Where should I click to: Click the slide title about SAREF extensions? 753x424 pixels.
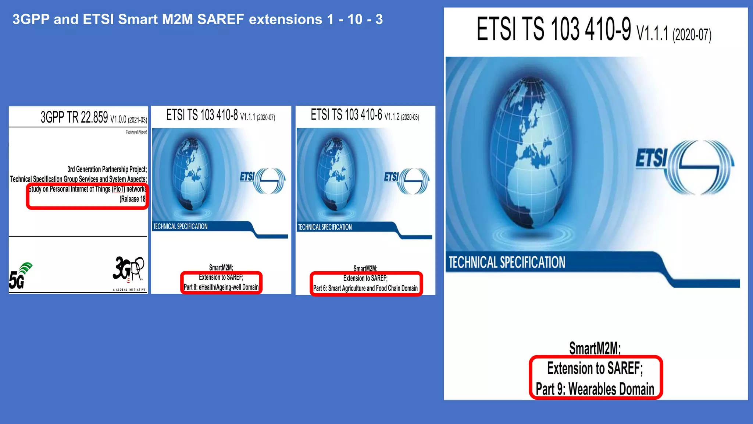point(197,19)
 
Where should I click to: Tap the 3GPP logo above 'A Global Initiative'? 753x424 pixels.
point(128,269)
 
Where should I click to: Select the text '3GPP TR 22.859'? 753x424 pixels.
point(74,117)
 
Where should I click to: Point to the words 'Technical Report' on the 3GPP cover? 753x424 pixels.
point(136,132)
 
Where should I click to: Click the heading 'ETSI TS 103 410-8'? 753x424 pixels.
point(202,115)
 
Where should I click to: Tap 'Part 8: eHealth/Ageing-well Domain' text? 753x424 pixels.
point(221,287)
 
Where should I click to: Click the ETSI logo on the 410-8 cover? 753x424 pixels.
point(262,180)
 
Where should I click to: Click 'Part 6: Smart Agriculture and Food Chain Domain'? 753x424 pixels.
point(365,288)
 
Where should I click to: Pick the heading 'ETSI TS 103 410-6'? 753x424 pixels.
point(346,115)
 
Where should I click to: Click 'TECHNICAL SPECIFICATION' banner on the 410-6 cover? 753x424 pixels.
point(325,227)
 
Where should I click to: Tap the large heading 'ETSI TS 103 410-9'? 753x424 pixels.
point(554,29)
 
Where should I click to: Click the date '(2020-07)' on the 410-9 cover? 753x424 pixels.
point(692,35)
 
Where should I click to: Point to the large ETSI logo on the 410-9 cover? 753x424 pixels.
point(685,167)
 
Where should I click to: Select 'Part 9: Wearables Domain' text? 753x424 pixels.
point(595,389)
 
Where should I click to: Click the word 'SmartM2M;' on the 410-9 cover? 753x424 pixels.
point(595,348)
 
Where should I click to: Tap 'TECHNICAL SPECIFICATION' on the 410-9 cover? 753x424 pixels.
point(507,262)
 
